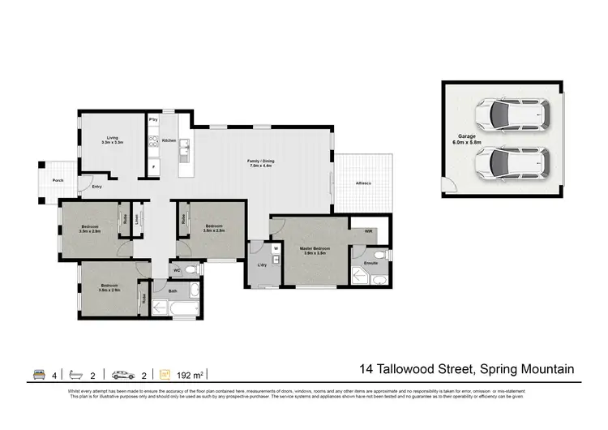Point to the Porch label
click(58, 180)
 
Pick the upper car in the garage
click(512, 117)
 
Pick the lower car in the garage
click(512, 165)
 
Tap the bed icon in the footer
click(37, 374)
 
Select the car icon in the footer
click(123, 374)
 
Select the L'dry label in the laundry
click(261, 265)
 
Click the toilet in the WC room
click(191, 269)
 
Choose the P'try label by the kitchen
click(152, 120)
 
